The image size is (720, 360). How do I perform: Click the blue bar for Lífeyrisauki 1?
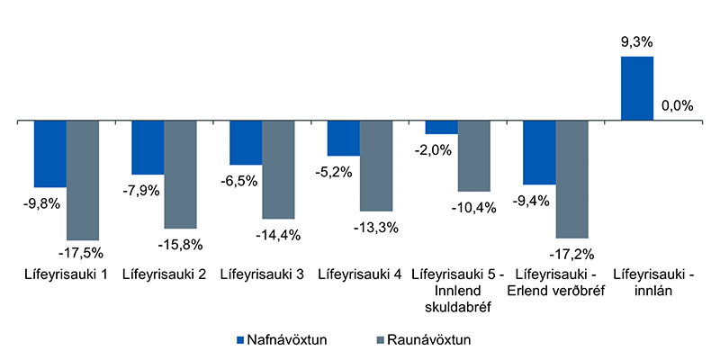point(50,153)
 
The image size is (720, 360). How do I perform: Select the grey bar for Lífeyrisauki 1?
point(83,179)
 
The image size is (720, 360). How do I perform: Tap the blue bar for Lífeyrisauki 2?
point(148,147)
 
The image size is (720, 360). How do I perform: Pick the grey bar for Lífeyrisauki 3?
point(278,169)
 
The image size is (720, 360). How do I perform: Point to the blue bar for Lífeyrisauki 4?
point(343,138)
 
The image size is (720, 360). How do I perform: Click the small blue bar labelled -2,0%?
point(441,127)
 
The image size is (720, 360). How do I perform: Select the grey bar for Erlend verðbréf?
point(571,178)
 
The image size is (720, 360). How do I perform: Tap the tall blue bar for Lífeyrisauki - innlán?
point(637,88)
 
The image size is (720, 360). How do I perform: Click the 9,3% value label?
point(636,41)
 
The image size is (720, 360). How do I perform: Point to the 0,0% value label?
point(677,105)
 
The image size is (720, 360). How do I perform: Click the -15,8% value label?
point(180,243)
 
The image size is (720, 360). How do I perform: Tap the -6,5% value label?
point(238,181)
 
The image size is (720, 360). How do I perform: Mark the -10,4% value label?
point(473,207)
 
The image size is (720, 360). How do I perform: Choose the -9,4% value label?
point(531,201)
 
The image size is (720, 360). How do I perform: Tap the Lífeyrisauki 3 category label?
point(261,274)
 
